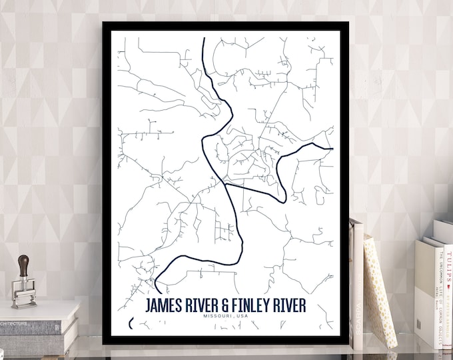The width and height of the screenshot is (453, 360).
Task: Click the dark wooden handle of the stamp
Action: [25, 265]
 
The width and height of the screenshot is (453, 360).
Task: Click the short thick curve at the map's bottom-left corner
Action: [131, 323]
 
